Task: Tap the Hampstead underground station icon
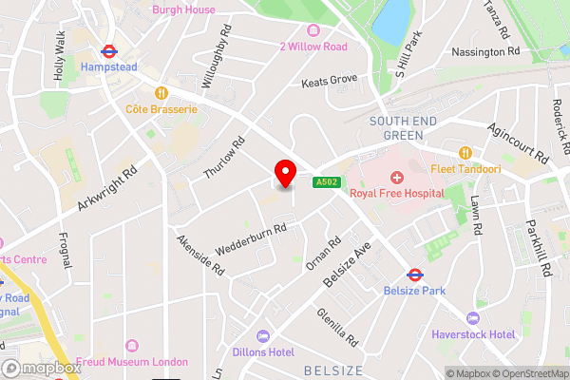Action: (111, 53)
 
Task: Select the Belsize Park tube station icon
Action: (414, 274)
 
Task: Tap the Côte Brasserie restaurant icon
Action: (161, 93)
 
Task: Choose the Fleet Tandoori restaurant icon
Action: (465, 153)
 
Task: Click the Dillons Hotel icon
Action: (262, 336)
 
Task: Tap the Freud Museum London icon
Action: (130, 347)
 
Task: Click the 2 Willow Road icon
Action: (313, 30)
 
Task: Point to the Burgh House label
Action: (183, 9)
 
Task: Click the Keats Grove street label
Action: (329, 82)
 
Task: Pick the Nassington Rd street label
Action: (485, 51)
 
